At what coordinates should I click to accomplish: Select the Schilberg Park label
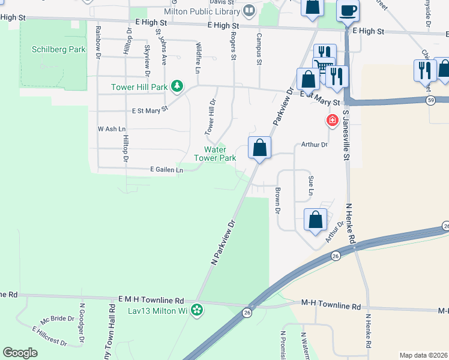(x=50, y=50)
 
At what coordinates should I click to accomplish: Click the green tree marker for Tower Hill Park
(x=176, y=87)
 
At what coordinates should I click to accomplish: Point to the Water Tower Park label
(x=215, y=154)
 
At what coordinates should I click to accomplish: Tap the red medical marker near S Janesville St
(x=331, y=121)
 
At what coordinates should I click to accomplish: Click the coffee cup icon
(x=348, y=10)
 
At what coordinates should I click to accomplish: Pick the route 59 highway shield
(x=431, y=100)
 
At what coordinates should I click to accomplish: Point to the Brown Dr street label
(x=278, y=201)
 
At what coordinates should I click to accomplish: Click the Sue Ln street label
(x=310, y=186)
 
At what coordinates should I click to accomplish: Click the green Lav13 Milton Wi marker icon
(x=197, y=311)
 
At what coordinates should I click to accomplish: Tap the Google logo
(x=20, y=353)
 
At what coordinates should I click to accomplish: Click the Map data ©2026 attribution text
(x=423, y=355)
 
